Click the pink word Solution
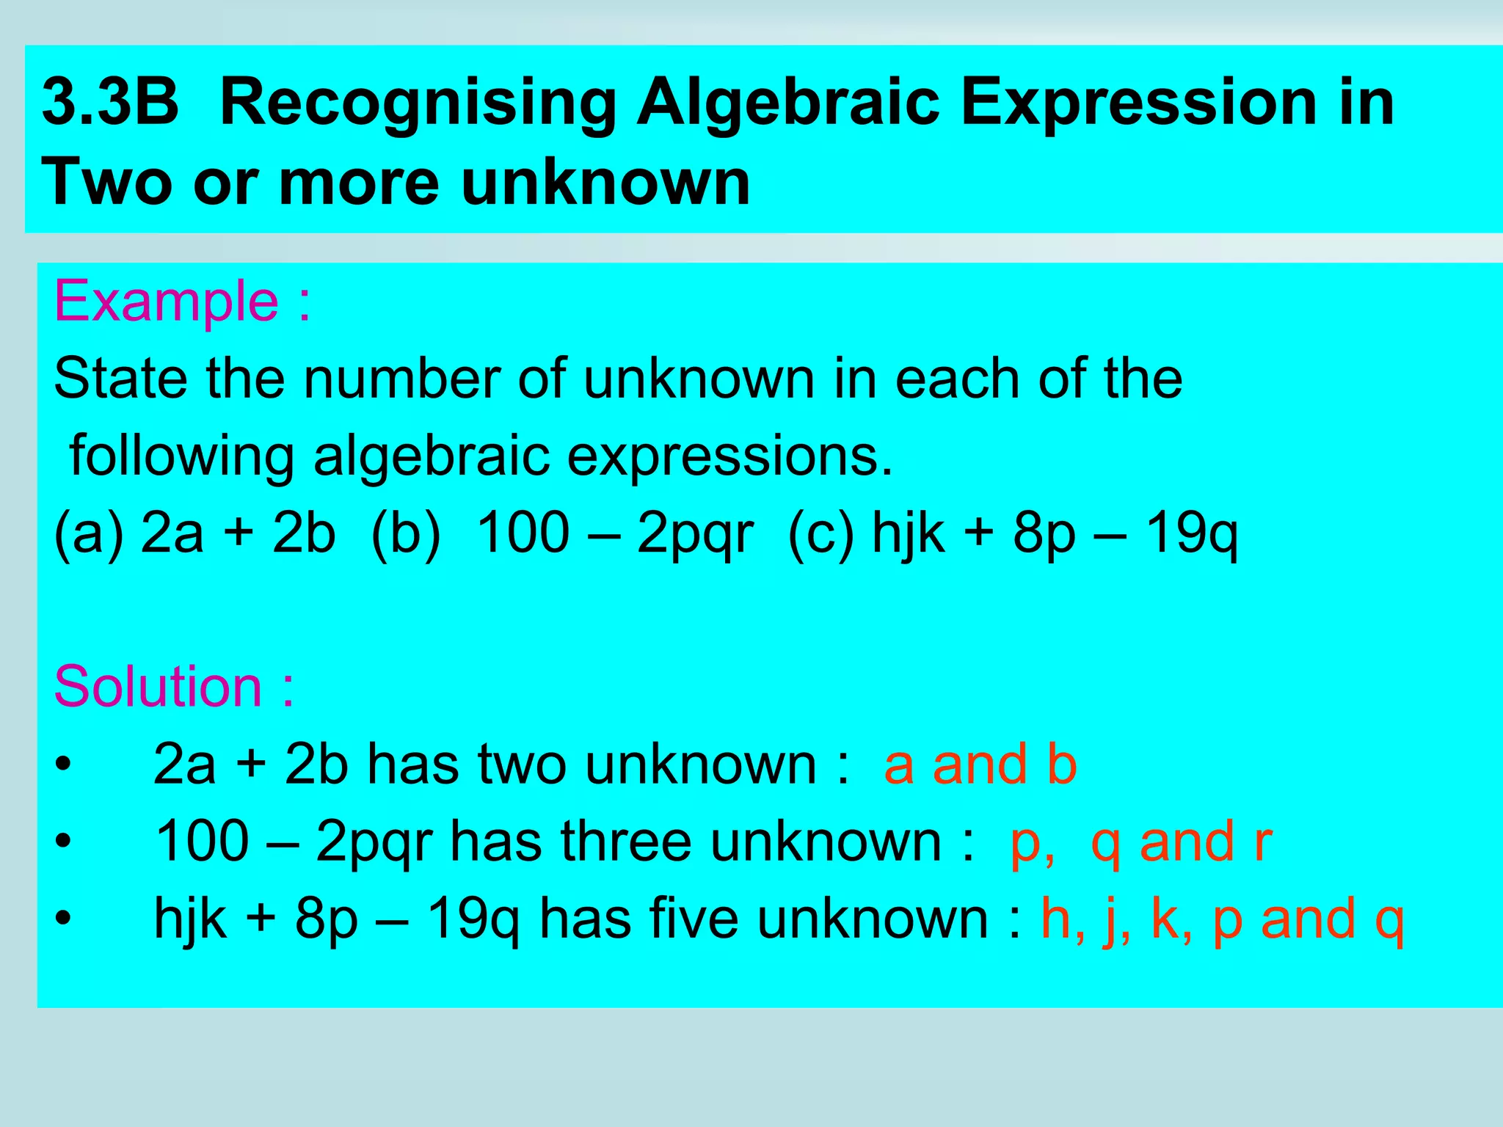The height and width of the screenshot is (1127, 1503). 158,687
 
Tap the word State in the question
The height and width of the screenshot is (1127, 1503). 120,379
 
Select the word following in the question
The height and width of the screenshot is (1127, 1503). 182,456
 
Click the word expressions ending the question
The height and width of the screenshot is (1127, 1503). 729,456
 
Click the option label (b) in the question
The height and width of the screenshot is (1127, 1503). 406,533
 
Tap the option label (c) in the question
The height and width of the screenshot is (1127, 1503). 821,533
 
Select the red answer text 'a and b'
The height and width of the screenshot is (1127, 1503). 980,765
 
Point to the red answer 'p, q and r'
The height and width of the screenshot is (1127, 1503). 1140,842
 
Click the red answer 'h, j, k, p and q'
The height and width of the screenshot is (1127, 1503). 1223,919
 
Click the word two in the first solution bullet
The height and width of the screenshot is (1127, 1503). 522,765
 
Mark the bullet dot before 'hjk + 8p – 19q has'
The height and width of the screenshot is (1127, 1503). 64,919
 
